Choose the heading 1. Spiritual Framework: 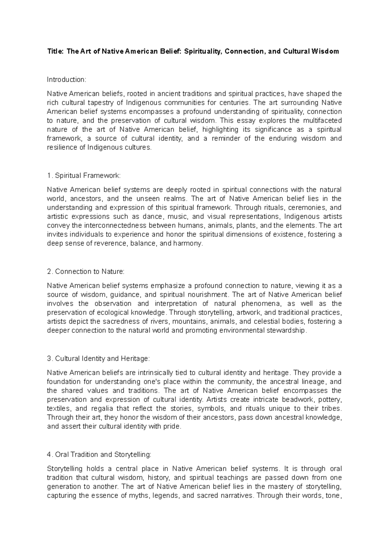[83, 176]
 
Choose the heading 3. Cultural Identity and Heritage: [99, 359]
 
